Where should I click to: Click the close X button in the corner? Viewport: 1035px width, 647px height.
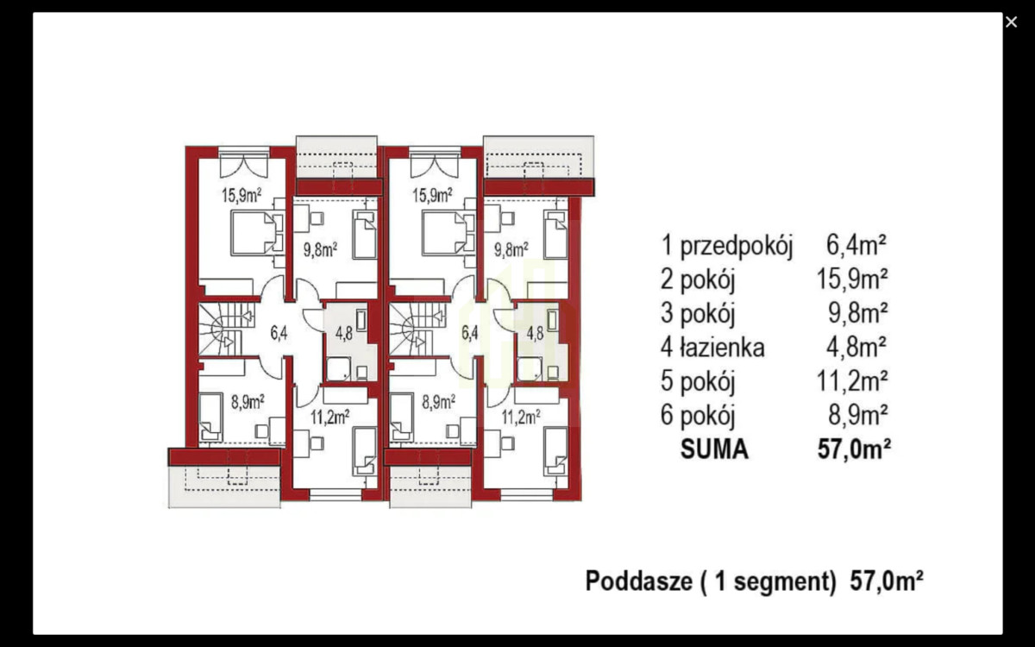1011,22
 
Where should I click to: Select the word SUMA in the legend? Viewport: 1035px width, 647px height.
714,449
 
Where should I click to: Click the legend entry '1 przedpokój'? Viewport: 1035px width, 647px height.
726,246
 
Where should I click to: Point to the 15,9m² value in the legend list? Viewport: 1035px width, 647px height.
852,280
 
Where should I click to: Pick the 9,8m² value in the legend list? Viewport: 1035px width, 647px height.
857,313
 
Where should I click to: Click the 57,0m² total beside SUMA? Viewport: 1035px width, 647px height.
852,449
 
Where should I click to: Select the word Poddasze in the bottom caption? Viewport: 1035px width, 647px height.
637,581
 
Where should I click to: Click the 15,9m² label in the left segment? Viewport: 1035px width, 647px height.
241,195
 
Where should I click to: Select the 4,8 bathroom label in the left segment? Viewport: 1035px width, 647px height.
342,333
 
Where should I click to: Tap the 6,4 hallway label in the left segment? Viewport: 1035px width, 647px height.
279,330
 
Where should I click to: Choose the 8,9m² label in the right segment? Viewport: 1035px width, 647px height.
438,400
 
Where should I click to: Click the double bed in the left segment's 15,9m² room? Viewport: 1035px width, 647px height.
255,234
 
